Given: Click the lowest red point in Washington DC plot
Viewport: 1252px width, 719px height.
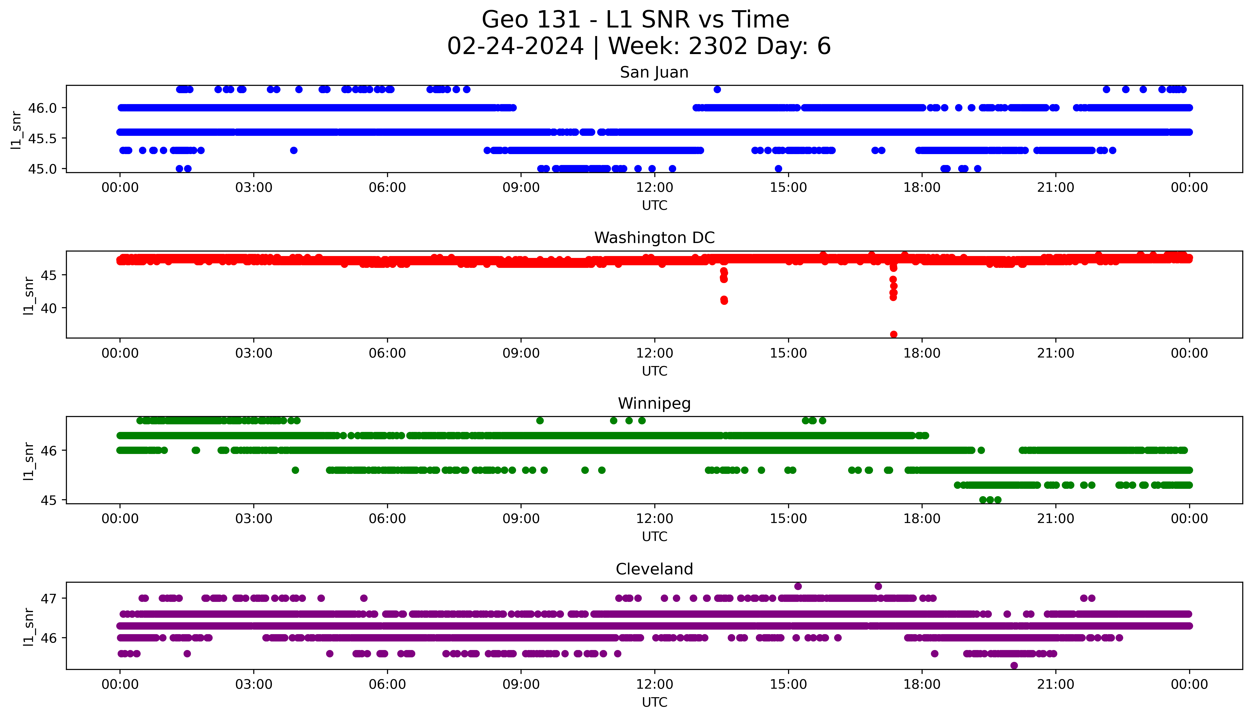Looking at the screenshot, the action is pyautogui.click(x=893, y=334).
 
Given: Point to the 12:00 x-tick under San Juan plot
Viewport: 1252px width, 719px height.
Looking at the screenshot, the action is pyautogui.click(x=654, y=188).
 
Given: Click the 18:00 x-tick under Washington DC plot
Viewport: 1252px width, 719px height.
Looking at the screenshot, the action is pyautogui.click(x=922, y=354).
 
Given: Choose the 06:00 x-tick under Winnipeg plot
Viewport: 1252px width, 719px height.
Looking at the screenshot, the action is pyautogui.click(x=387, y=519).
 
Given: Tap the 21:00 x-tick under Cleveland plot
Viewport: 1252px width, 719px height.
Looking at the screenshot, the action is pyautogui.click(x=1055, y=684).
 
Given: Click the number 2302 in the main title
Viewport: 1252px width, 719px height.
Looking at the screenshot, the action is pyautogui.click(x=717, y=46).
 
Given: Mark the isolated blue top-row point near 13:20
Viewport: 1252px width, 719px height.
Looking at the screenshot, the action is pyautogui.click(x=717, y=89).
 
